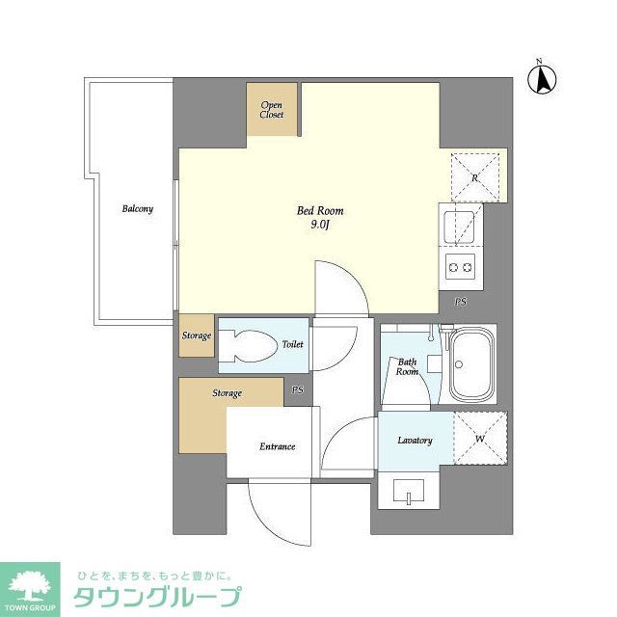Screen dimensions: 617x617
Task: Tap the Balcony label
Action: click(x=137, y=209)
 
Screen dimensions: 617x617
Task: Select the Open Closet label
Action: click(x=272, y=110)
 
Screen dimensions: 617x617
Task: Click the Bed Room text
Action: click(x=319, y=211)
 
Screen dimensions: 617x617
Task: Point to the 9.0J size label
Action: click(x=320, y=226)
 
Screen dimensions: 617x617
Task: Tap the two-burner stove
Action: click(x=460, y=267)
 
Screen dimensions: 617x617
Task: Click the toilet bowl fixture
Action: click(x=249, y=344)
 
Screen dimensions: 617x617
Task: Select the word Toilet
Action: click(x=292, y=344)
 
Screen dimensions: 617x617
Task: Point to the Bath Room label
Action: click(x=408, y=366)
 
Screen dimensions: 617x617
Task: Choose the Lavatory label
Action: click(x=415, y=441)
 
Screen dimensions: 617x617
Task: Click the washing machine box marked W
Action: click(x=479, y=438)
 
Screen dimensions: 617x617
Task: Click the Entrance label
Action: click(x=277, y=446)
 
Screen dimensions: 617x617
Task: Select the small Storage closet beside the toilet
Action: click(x=197, y=335)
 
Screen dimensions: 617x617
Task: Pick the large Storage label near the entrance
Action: click(x=228, y=393)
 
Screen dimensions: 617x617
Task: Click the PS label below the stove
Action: click(x=461, y=302)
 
